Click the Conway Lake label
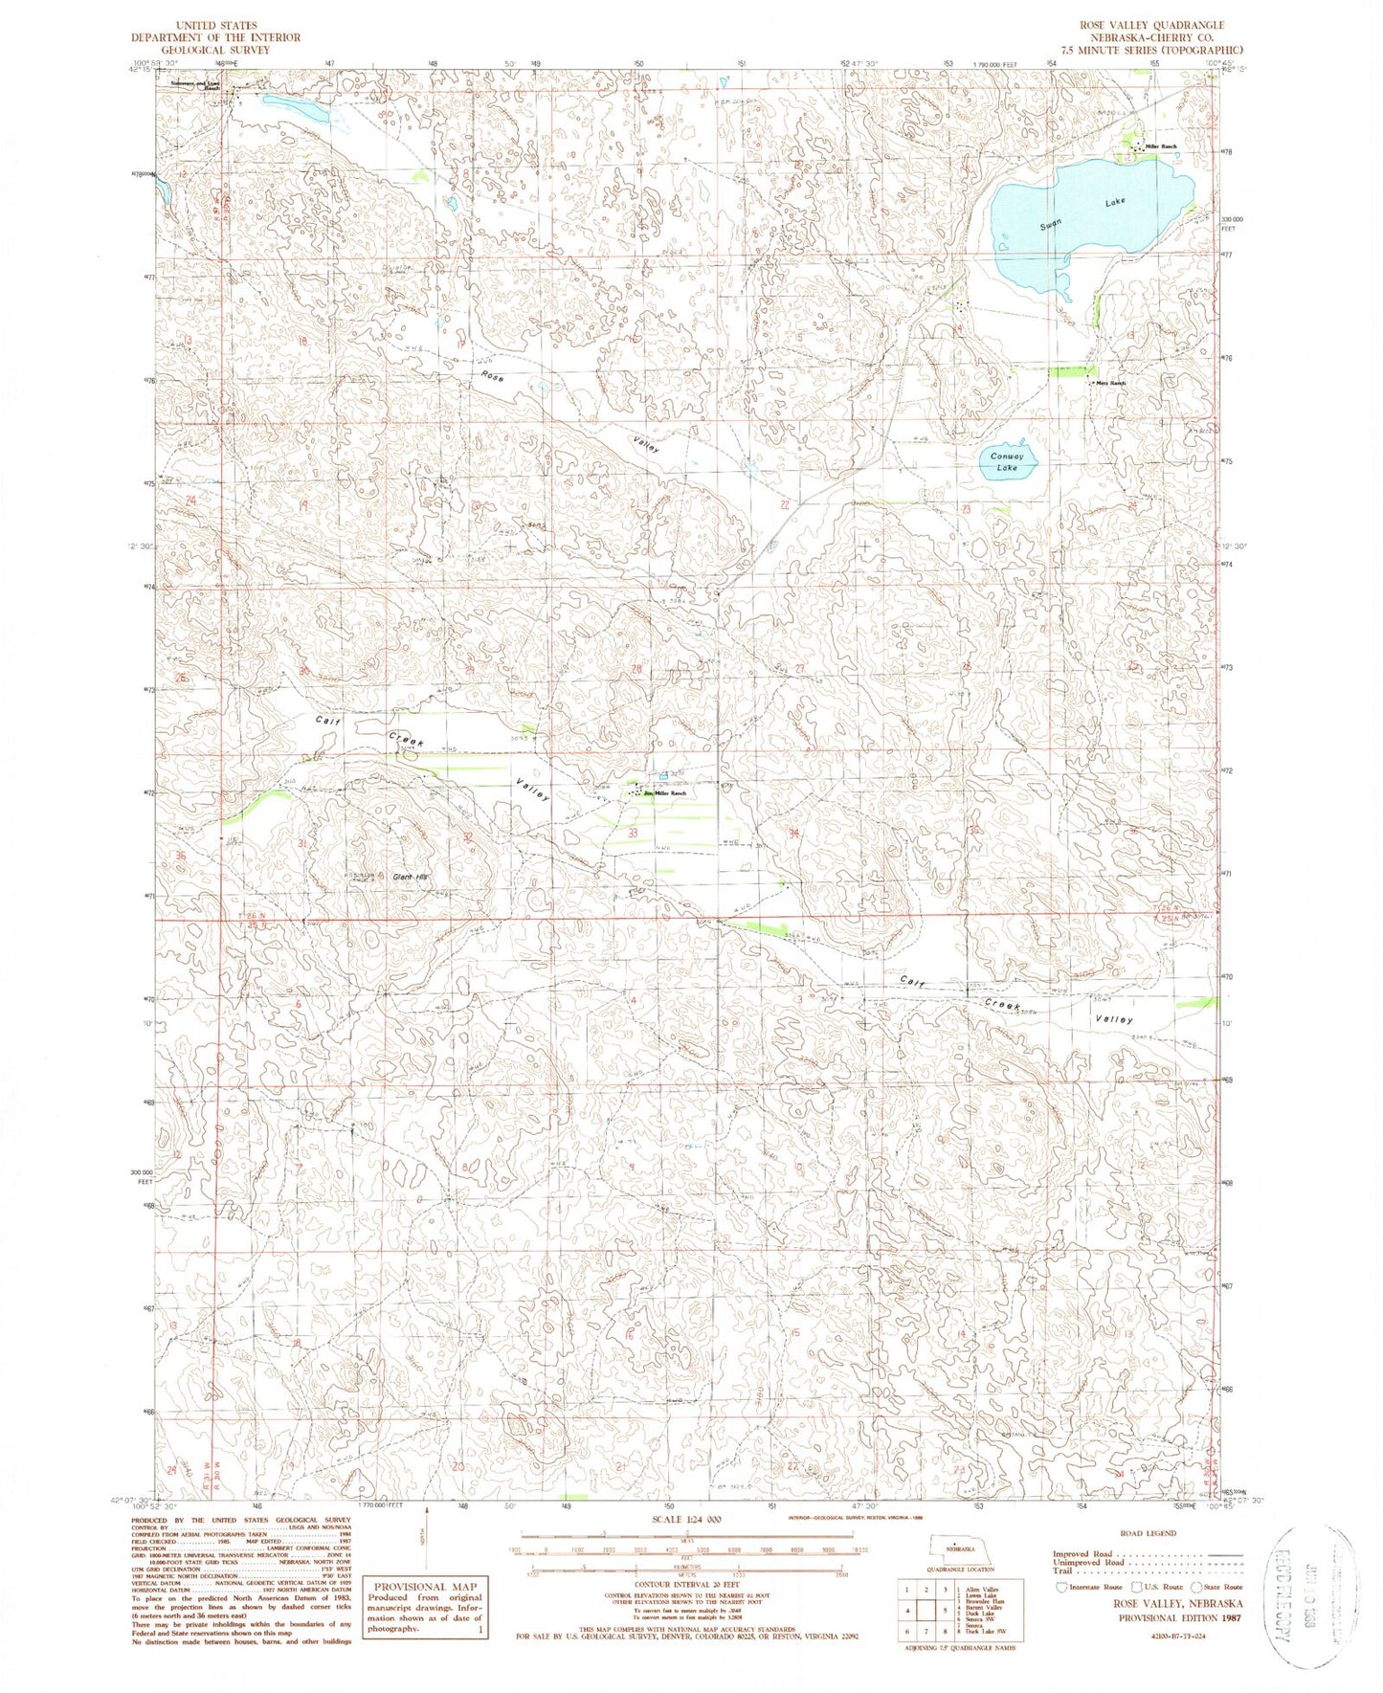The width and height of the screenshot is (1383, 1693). click(x=1006, y=462)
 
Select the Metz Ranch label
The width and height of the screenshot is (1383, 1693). click(x=1110, y=383)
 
